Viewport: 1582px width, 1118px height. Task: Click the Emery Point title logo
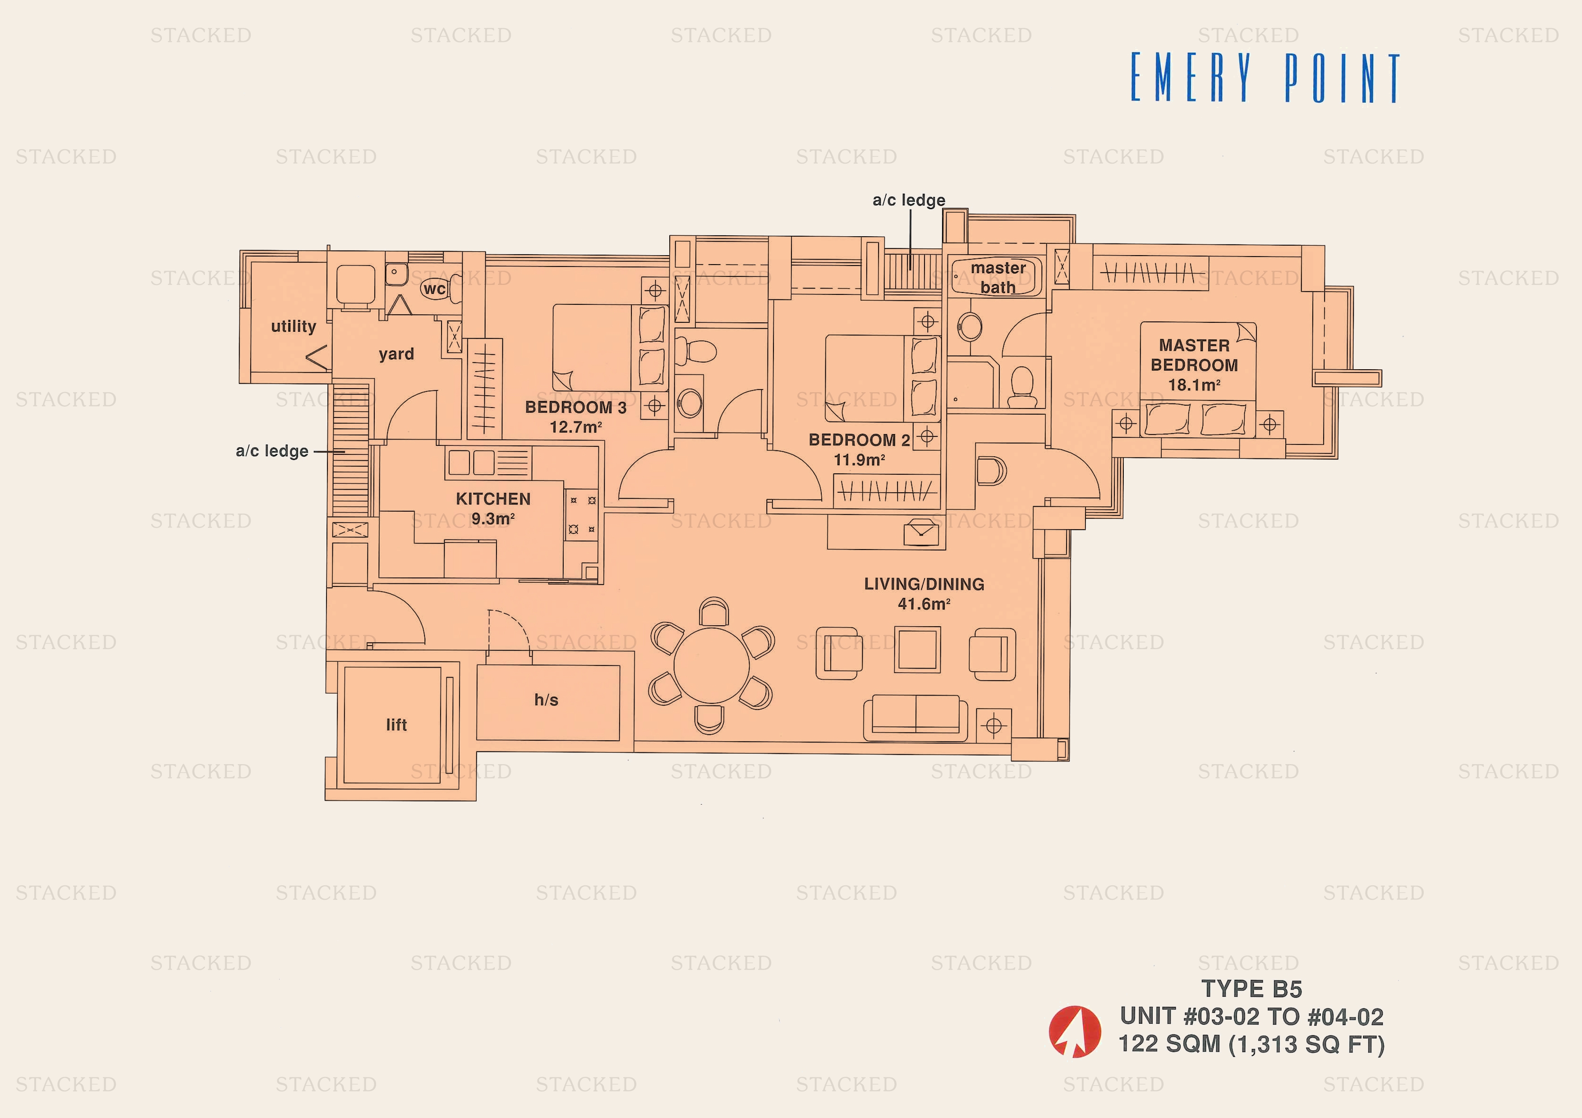pyautogui.click(x=1265, y=78)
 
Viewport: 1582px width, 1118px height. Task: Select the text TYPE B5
pyautogui.click(x=1251, y=989)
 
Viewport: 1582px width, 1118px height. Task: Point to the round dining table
pyautogui.click(x=711, y=665)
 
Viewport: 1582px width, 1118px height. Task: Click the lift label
pyautogui.click(x=396, y=724)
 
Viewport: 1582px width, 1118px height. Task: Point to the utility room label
pyautogui.click(x=294, y=326)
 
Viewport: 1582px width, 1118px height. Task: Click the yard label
pyautogui.click(x=396, y=354)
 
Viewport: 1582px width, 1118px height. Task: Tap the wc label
pyautogui.click(x=434, y=289)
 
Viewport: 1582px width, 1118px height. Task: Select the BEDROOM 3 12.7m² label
pyautogui.click(x=576, y=417)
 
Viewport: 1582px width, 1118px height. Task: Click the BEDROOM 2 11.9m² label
pyautogui.click(x=859, y=449)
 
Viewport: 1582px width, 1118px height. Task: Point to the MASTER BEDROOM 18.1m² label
pyautogui.click(x=1194, y=365)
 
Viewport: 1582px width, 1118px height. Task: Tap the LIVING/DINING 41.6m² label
pyautogui.click(x=924, y=593)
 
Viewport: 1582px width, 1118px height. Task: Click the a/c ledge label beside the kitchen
pyautogui.click(x=272, y=451)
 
